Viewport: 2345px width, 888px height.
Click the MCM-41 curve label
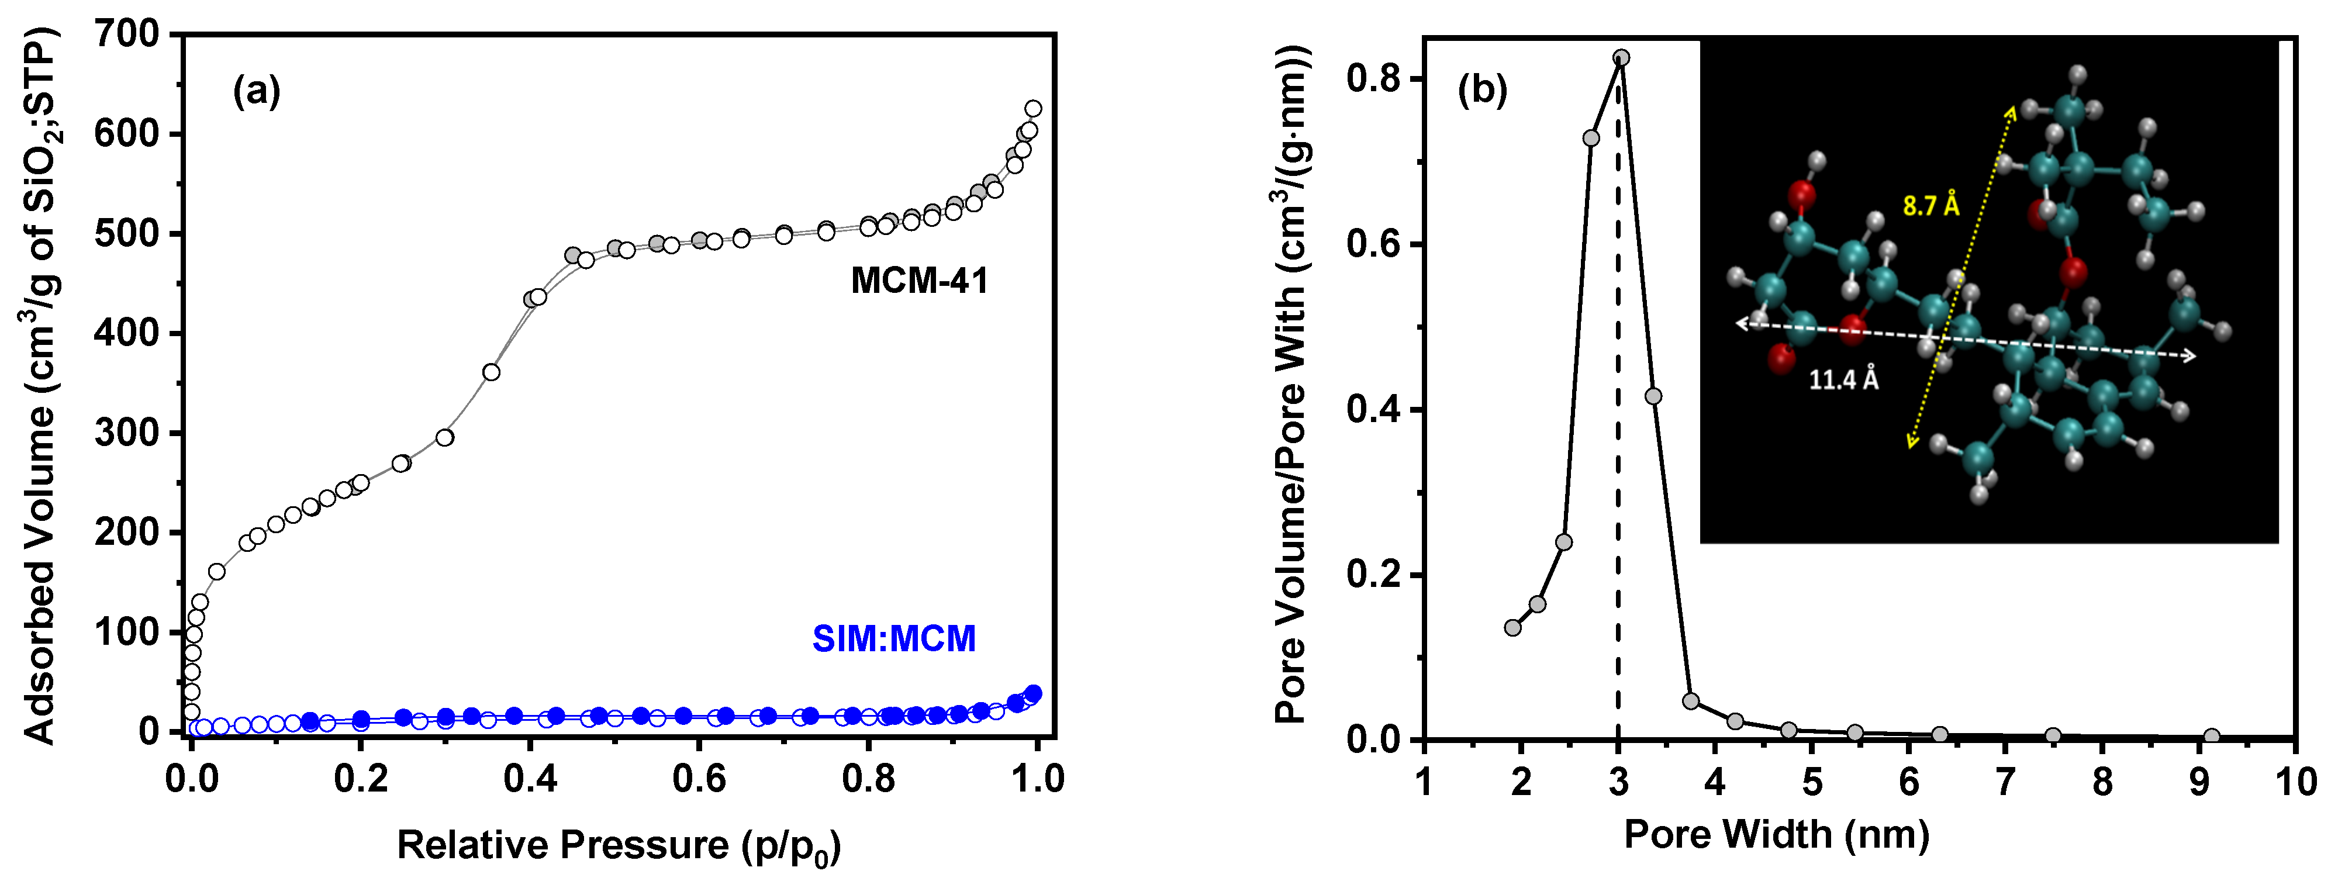tap(920, 280)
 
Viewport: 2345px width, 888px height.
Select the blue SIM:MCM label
tap(894, 639)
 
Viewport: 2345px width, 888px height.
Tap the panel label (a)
tap(257, 91)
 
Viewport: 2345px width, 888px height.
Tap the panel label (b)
tap(1483, 89)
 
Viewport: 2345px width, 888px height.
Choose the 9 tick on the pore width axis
tap(2199, 780)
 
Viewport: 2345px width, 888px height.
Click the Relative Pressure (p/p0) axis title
tap(619, 846)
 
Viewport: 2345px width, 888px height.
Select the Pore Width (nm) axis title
tap(1777, 834)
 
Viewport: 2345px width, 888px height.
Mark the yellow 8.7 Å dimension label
tap(1931, 206)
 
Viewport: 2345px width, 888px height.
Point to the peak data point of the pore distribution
tap(1621, 57)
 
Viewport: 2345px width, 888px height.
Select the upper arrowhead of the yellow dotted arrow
tap(2011, 111)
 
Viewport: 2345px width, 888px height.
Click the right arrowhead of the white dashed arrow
tap(2189, 356)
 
